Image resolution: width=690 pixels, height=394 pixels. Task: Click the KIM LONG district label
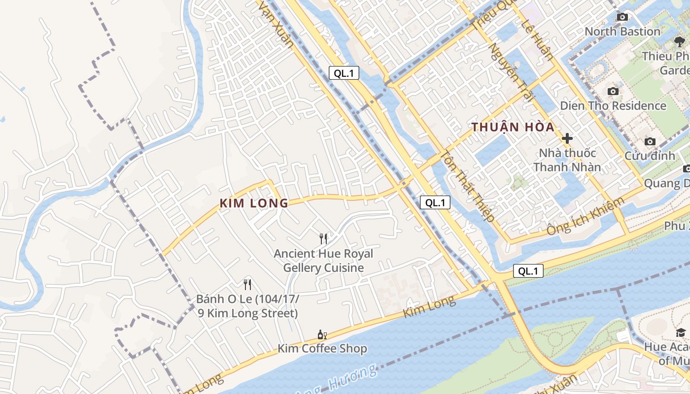254,203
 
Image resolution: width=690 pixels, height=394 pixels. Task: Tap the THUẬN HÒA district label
513,127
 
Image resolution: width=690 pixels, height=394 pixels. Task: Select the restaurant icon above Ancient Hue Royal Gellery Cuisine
323,239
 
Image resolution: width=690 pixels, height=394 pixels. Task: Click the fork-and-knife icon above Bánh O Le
247,284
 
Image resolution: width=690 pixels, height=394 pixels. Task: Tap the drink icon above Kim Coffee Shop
322,335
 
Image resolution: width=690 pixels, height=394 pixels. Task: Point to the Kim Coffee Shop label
322,349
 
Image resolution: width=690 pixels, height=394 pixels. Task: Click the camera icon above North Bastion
622,17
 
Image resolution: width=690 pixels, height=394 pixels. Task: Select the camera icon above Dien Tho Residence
613,91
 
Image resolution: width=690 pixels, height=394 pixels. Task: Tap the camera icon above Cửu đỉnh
650,142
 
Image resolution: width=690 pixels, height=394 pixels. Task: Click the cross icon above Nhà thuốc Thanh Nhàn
567,138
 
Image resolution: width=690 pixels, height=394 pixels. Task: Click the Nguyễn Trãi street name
512,72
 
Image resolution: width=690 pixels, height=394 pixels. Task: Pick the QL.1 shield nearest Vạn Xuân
344,73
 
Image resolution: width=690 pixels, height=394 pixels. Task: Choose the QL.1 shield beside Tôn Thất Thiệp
435,202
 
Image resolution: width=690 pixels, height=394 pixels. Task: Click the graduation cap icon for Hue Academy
681,333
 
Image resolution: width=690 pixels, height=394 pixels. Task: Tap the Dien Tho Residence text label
613,106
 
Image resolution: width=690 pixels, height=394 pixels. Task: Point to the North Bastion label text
622,32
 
